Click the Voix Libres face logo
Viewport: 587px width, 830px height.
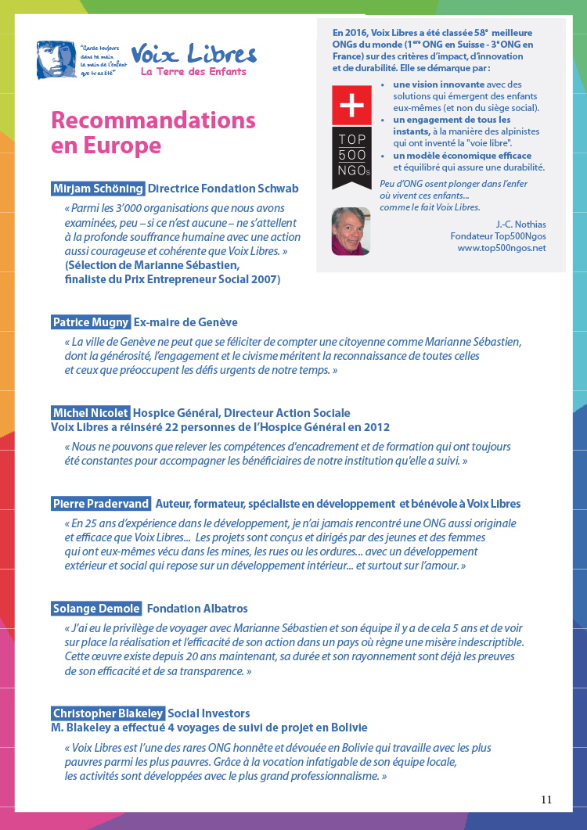click(56, 60)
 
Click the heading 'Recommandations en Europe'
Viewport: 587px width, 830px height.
click(153, 133)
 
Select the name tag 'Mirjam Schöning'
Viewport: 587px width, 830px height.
click(98, 189)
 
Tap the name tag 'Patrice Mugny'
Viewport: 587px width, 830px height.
click(91, 322)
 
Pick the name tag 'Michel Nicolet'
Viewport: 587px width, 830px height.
click(90, 413)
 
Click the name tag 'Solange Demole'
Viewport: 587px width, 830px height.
click(96, 609)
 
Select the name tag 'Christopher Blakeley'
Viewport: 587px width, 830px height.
click(108, 713)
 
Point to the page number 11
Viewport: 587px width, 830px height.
click(546, 799)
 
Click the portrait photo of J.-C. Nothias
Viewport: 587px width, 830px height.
click(351, 231)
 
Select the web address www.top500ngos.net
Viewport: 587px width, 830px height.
click(502, 248)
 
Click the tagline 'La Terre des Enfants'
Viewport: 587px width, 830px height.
click(193, 72)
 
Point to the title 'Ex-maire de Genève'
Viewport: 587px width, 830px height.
click(185, 322)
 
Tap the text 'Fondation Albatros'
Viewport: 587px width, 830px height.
click(197, 609)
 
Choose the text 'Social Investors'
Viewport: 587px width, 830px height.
click(209, 713)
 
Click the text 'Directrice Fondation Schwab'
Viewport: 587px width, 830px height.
click(223, 189)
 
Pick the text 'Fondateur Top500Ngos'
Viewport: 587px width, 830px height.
click(498, 235)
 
